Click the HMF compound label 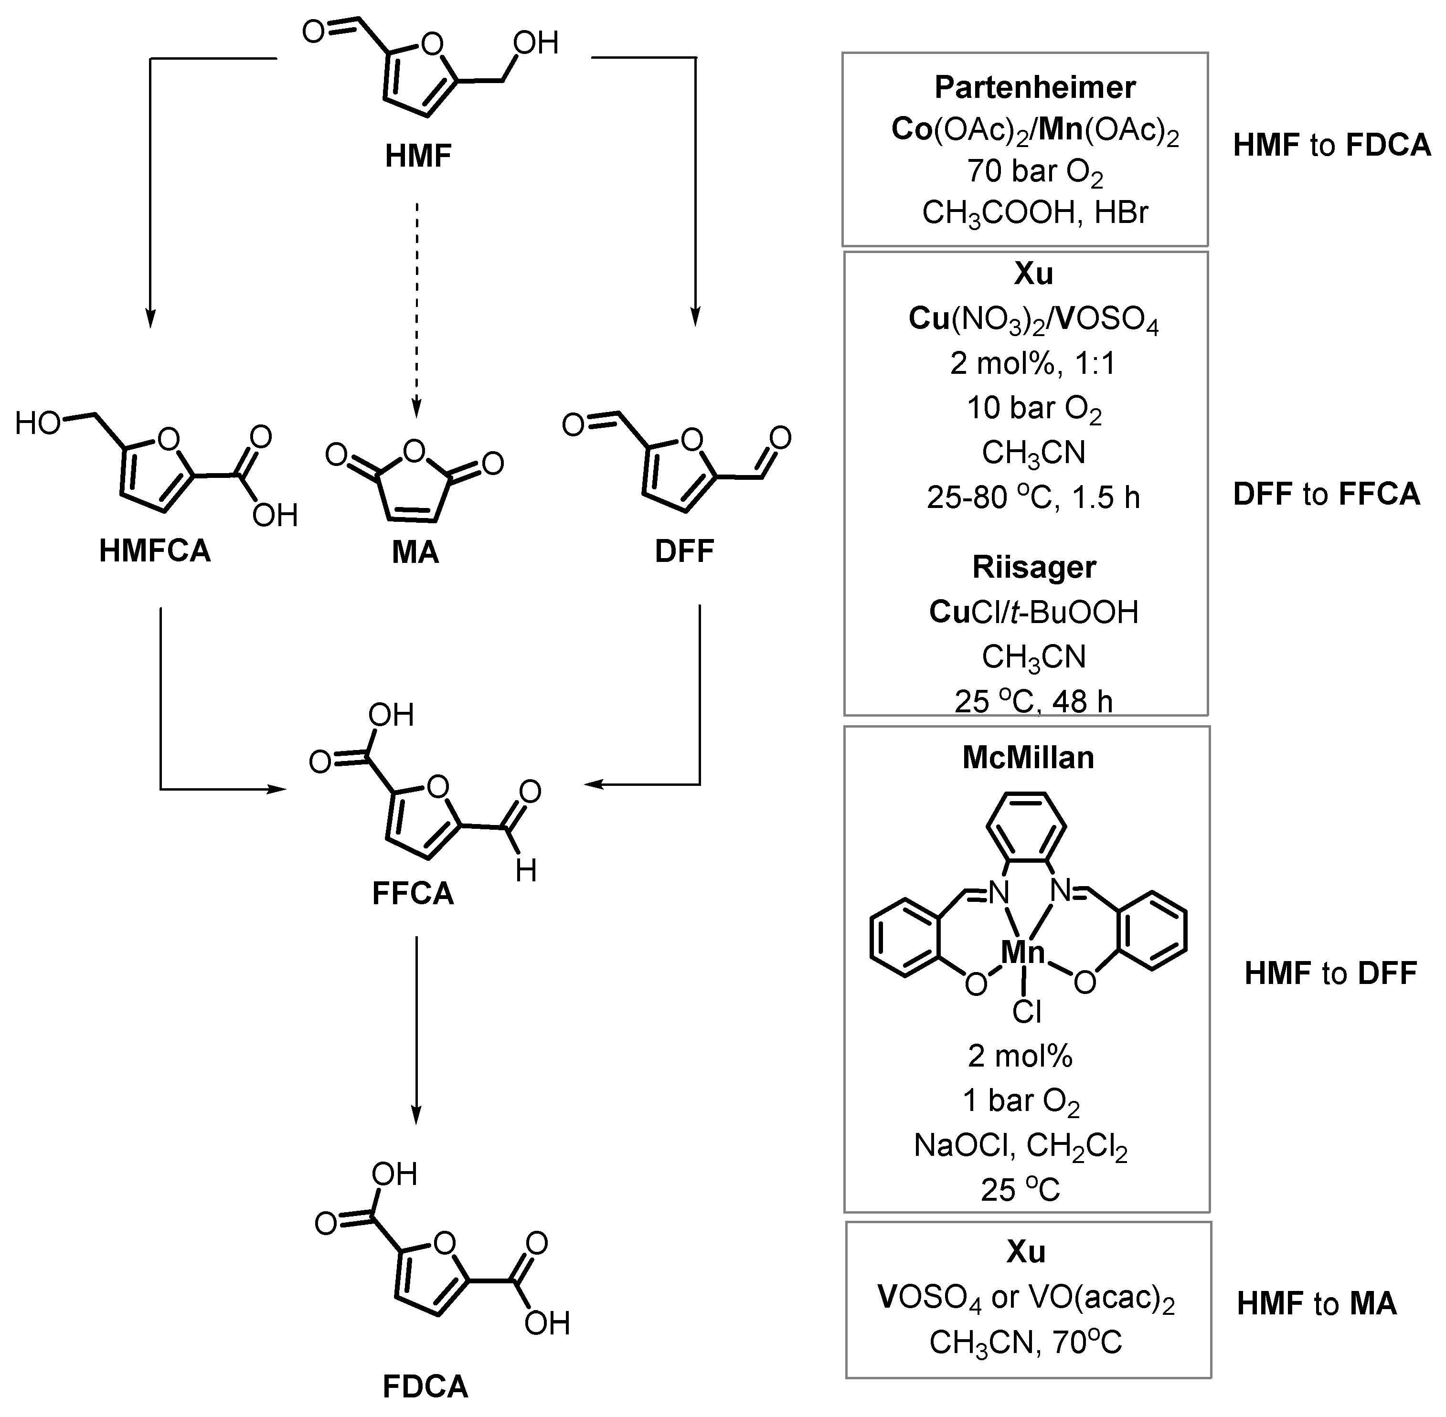(x=418, y=156)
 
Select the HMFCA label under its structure (x=155, y=551)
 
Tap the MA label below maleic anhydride (x=415, y=552)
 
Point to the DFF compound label (x=684, y=551)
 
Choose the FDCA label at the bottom (x=425, y=1386)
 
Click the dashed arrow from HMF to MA (x=417, y=305)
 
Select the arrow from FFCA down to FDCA (x=416, y=1027)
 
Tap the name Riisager (x=1034, y=567)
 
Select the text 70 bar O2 (x=1034, y=172)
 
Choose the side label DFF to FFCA (x=1326, y=494)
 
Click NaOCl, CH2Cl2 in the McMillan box (x=1021, y=1146)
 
